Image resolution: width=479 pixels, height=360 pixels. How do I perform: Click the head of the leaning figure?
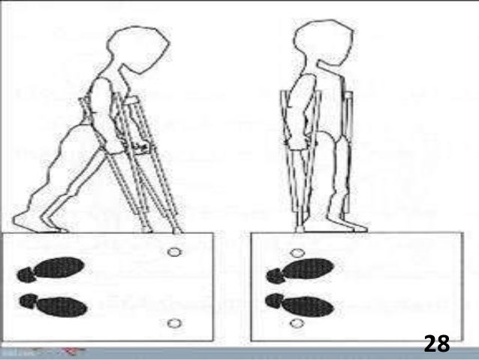[143, 50]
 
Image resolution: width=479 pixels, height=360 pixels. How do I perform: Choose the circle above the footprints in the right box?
[298, 253]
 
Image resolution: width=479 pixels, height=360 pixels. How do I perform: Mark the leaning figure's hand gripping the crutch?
[136, 143]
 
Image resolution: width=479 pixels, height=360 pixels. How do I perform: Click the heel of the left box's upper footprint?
[27, 272]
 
